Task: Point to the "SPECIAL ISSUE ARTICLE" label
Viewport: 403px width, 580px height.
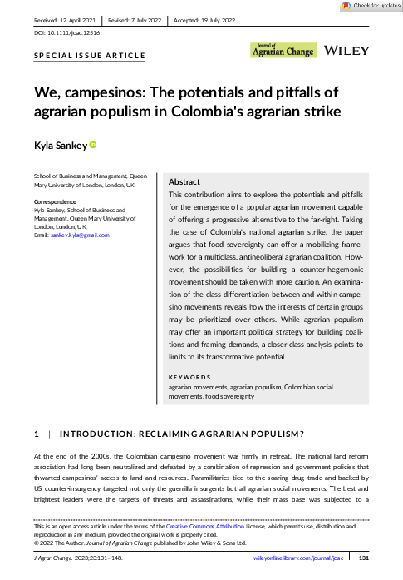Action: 89,56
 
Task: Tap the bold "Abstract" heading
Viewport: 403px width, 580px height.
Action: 184,181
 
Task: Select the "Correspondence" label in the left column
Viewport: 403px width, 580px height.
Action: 56,202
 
